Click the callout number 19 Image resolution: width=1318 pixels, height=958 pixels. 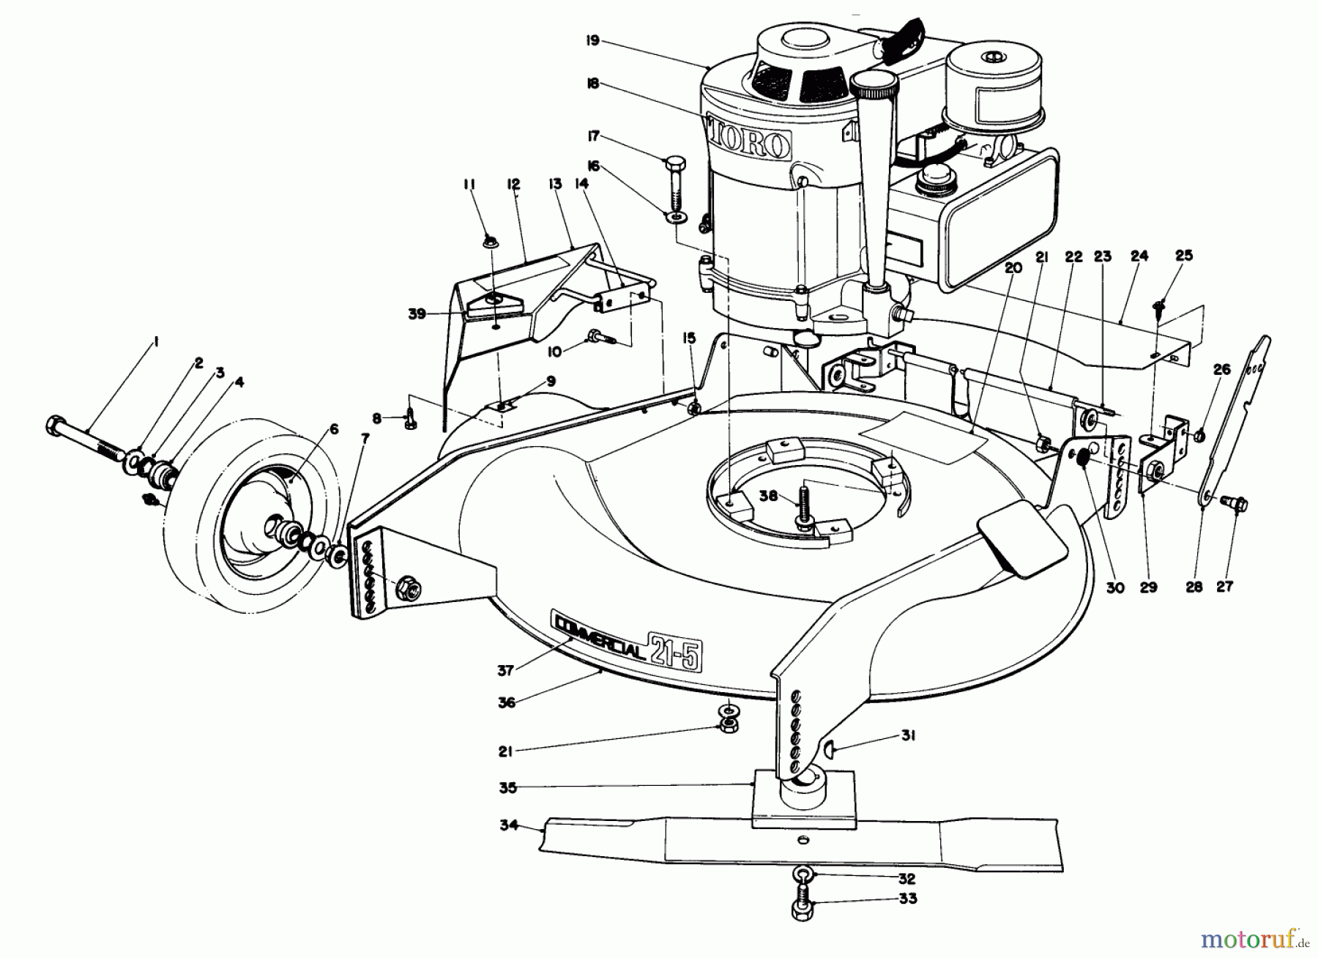(x=592, y=41)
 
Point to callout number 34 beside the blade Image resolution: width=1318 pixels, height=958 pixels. (x=509, y=825)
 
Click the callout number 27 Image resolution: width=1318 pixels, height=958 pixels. (x=1224, y=586)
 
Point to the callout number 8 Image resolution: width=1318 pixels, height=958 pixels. (x=377, y=418)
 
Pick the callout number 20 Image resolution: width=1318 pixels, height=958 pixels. (x=1013, y=268)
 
